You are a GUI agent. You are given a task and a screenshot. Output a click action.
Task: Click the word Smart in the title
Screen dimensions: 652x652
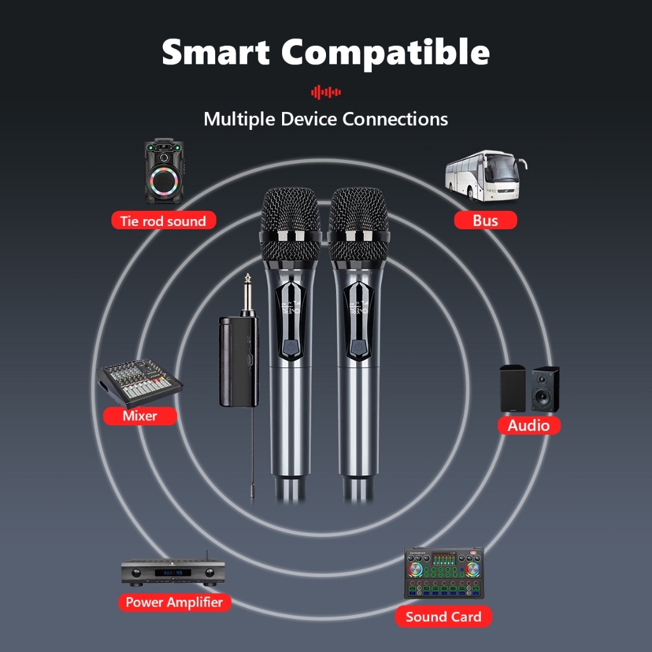tap(216, 52)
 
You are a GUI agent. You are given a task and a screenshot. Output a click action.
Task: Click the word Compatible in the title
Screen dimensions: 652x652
tap(386, 52)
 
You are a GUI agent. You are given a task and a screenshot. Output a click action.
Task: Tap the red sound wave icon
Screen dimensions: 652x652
tap(326, 92)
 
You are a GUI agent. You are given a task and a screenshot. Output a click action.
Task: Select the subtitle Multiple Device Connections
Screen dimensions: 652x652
tap(325, 119)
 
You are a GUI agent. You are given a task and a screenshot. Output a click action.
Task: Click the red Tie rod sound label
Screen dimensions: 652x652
tap(163, 221)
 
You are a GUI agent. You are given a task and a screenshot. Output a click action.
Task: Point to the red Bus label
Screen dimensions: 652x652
tap(485, 220)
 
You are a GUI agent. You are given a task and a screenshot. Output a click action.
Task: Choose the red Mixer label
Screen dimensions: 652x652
tap(140, 416)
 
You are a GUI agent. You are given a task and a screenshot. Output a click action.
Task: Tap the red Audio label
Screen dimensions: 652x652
tap(528, 425)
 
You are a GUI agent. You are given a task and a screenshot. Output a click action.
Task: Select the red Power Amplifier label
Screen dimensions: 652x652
tap(174, 602)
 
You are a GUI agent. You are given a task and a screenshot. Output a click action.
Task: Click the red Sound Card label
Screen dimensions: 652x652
tap(443, 616)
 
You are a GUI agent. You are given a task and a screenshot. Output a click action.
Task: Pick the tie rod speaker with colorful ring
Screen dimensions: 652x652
tap(164, 172)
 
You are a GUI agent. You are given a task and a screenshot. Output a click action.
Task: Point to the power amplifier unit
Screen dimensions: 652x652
tap(173, 571)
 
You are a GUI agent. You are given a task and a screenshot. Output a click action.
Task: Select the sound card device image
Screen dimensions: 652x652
tap(444, 572)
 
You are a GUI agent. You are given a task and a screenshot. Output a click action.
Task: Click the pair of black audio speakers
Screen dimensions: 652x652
tap(530, 388)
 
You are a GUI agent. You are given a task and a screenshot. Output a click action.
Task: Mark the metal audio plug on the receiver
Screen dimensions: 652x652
tap(247, 293)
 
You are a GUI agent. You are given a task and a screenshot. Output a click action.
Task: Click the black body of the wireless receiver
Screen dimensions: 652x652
tap(239, 360)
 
